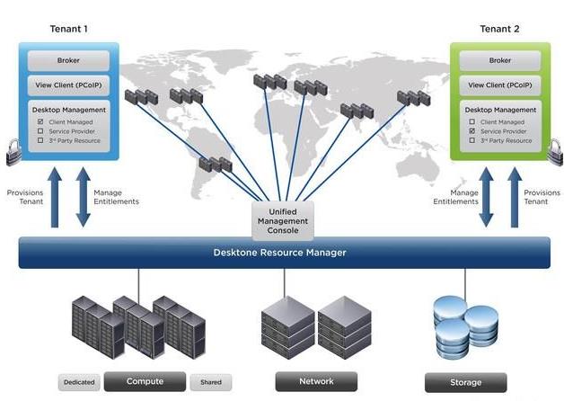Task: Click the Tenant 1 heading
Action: click(x=69, y=29)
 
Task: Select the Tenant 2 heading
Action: click(x=499, y=29)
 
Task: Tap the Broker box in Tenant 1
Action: click(x=69, y=60)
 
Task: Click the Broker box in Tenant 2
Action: click(x=499, y=60)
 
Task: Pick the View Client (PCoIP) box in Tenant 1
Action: click(x=69, y=85)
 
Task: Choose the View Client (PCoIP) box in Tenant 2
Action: click(x=499, y=85)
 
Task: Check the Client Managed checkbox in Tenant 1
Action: click(x=40, y=121)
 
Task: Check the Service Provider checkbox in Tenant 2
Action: click(x=471, y=131)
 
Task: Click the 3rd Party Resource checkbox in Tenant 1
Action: click(x=40, y=141)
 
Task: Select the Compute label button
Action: click(x=145, y=381)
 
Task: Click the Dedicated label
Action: click(x=79, y=382)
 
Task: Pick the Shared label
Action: click(x=211, y=382)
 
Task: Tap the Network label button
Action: click(x=315, y=381)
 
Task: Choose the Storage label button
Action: click(x=465, y=382)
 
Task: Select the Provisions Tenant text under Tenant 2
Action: click(x=541, y=197)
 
